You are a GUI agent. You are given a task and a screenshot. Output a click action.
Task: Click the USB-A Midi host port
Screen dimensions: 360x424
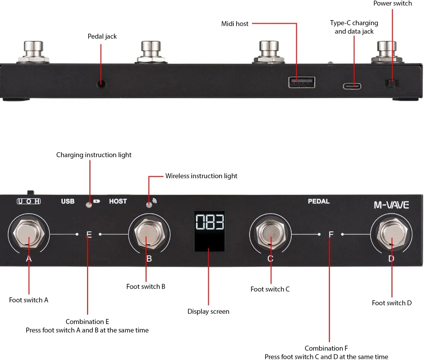(302, 82)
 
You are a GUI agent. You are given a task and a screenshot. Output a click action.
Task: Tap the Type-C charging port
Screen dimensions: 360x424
(352, 86)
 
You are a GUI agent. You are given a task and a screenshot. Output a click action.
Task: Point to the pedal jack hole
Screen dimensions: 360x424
(101, 84)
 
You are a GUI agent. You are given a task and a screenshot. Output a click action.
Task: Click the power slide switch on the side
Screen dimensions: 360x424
(391, 83)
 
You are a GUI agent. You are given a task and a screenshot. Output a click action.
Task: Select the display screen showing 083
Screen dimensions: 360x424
(209, 231)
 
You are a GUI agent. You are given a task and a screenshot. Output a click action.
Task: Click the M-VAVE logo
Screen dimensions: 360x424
(391, 205)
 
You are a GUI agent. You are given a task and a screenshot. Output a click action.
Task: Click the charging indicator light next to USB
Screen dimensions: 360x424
(89, 204)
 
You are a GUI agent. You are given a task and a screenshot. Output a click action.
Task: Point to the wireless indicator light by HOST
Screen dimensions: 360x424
(149, 204)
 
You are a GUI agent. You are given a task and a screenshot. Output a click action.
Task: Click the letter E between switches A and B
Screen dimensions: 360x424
(89, 234)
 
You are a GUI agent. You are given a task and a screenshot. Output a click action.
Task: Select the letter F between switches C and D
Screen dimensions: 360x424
(331, 234)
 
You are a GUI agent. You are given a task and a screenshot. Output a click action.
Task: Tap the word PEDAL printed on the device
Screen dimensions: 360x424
(318, 201)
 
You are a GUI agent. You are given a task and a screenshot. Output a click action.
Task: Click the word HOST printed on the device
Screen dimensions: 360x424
(118, 201)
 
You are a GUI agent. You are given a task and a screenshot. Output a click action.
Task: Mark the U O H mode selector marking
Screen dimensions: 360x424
(29, 201)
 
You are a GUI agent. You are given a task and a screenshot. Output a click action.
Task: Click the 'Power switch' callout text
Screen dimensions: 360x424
(392, 4)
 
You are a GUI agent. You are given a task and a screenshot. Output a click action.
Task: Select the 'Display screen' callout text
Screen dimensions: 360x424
(208, 311)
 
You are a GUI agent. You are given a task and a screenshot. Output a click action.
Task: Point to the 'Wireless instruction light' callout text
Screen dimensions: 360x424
(201, 176)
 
